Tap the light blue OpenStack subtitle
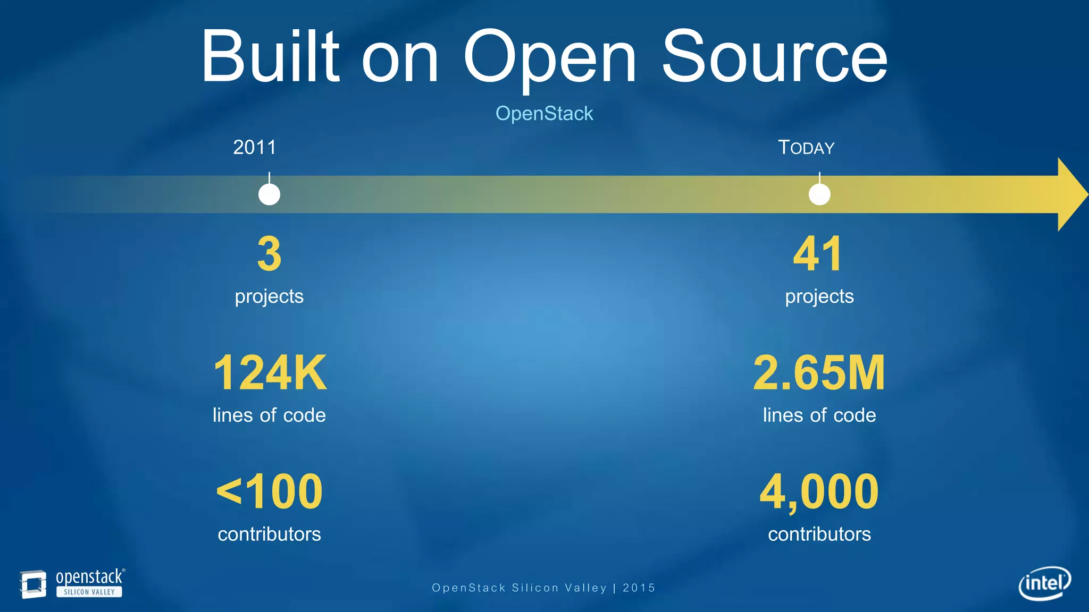pyautogui.click(x=544, y=113)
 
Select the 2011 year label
pyautogui.click(x=255, y=147)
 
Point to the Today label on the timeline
pyautogui.click(x=806, y=147)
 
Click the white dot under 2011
pyautogui.click(x=269, y=194)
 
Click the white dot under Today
pyautogui.click(x=819, y=194)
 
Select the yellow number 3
pyautogui.click(x=269, y=254)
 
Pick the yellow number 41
pyautogui.click(x=818, y=254)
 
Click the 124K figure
pyautogui.click(x=270, y=373)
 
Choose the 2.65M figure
pyautogui.click(x=819, y=373)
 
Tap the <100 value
pyautogui.click(x=270, y=492)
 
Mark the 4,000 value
pyautogui.click(x=819, y=492)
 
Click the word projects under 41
pyautogui.click(x=819, y=296)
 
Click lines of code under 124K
pyautogui.click(x=269, y=415)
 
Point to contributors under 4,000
pyautogui.click(x=819, y=534)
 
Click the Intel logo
pyautogui.click(x=1044, y=583)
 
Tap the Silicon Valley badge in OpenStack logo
pyautogui.click(x=89, y=592)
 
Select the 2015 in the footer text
pyautogui.click(x=639, y=588)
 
